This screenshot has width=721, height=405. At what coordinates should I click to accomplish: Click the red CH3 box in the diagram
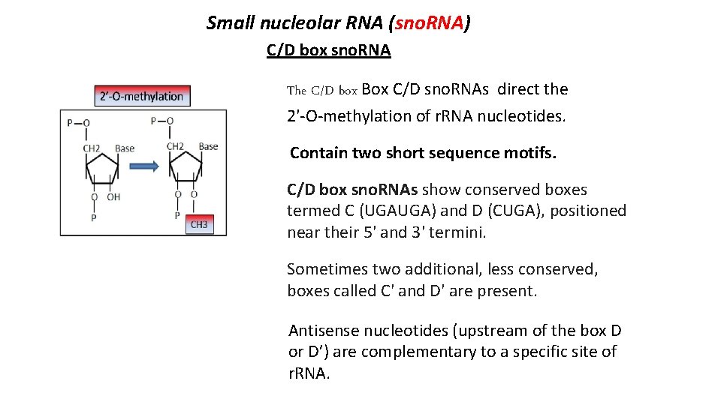tap(199, 224)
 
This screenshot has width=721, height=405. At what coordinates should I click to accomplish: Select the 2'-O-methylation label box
tap(142, 96)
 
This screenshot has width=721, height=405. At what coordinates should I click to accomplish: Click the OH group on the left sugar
tap(113, 197)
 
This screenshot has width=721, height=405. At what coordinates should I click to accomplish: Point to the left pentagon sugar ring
tap(102, 166)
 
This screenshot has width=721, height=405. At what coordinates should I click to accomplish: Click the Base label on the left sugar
tap(125, 148)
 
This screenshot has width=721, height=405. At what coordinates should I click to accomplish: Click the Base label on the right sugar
tap(208, 146)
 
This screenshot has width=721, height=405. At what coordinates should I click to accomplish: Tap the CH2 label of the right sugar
tap(175, 146)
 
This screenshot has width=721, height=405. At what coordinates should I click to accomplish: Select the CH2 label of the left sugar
tap(92, 148)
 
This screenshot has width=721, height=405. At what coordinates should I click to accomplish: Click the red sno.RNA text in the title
tap(430, 23)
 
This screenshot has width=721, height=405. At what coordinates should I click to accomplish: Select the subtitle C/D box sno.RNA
tap(328, 50)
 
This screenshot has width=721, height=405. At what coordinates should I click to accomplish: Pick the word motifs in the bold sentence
tap(531, 153)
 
